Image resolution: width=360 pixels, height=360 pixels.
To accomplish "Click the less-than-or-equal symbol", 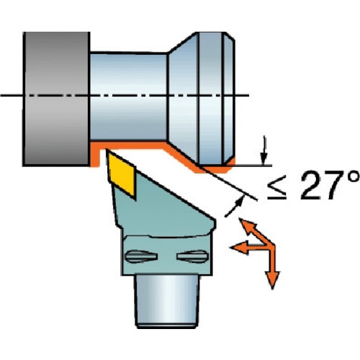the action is click(x=277, y=187).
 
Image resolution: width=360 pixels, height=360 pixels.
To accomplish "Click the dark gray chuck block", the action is click(x=57, y=99).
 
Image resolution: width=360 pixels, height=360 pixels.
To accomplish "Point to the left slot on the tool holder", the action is click(x=141, y=256).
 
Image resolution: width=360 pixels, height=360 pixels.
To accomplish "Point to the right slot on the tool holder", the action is click(x=192, y=256).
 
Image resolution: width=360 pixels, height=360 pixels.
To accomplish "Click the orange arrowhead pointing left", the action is click(x=239, y=248).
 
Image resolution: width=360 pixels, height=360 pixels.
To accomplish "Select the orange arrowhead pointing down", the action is click(x=272, y=280).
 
